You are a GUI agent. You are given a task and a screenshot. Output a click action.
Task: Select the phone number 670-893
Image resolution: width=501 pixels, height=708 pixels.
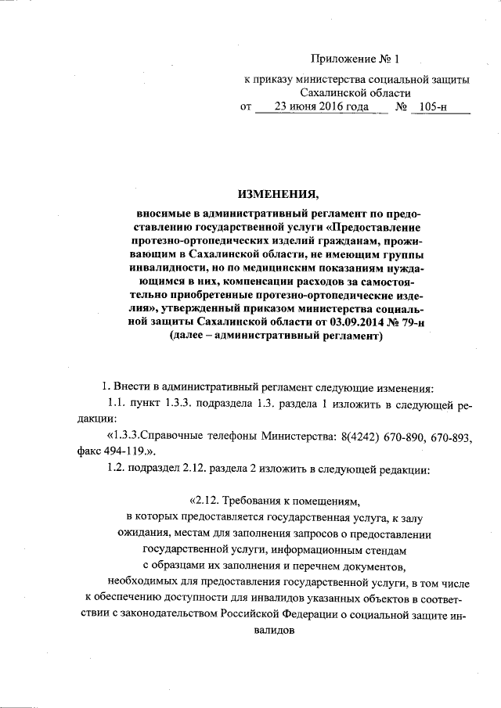453,435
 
